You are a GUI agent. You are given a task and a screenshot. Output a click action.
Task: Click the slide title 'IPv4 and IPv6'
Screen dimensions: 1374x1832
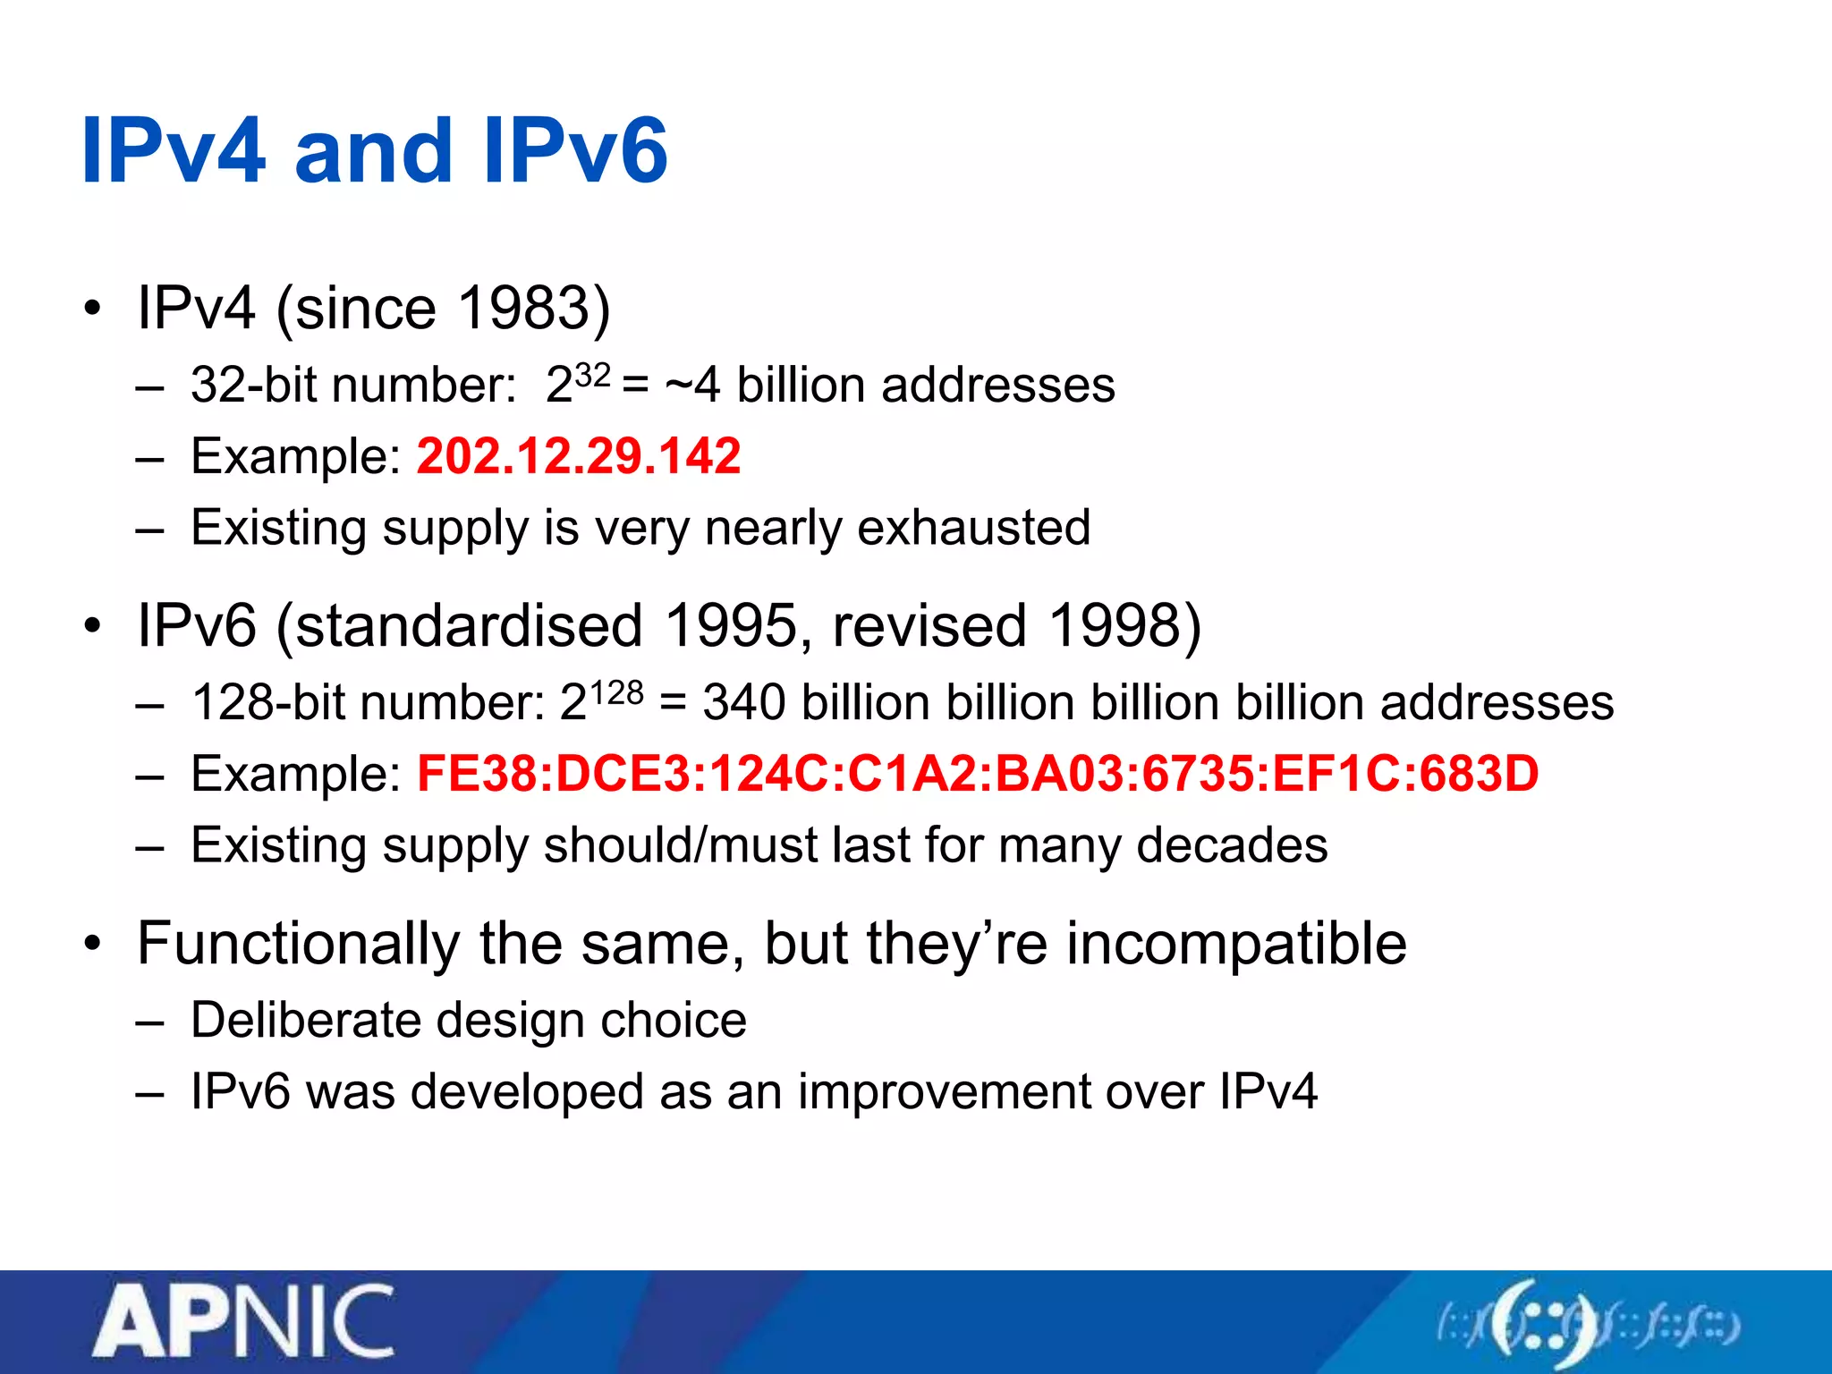[374, 152]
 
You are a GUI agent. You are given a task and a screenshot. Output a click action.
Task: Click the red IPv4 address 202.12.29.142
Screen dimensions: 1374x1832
[579, 456]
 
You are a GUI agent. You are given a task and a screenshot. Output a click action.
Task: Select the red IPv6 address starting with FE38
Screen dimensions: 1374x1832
[978, 774]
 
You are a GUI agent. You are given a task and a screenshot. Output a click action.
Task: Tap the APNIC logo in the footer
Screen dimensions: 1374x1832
[243, 1322]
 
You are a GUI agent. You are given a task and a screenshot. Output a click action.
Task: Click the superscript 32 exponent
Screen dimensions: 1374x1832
[592, 374]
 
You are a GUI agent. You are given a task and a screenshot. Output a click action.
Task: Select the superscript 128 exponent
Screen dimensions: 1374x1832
[616, 691]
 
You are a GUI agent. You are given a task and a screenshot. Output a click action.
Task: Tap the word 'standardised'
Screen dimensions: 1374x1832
[469, 625]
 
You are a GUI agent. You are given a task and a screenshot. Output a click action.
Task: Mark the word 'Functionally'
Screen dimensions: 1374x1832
[298, 945]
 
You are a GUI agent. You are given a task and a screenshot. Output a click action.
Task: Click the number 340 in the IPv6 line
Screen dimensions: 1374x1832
[744, 703]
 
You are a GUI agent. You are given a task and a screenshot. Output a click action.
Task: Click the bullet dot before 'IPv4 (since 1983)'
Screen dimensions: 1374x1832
[92, 310]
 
